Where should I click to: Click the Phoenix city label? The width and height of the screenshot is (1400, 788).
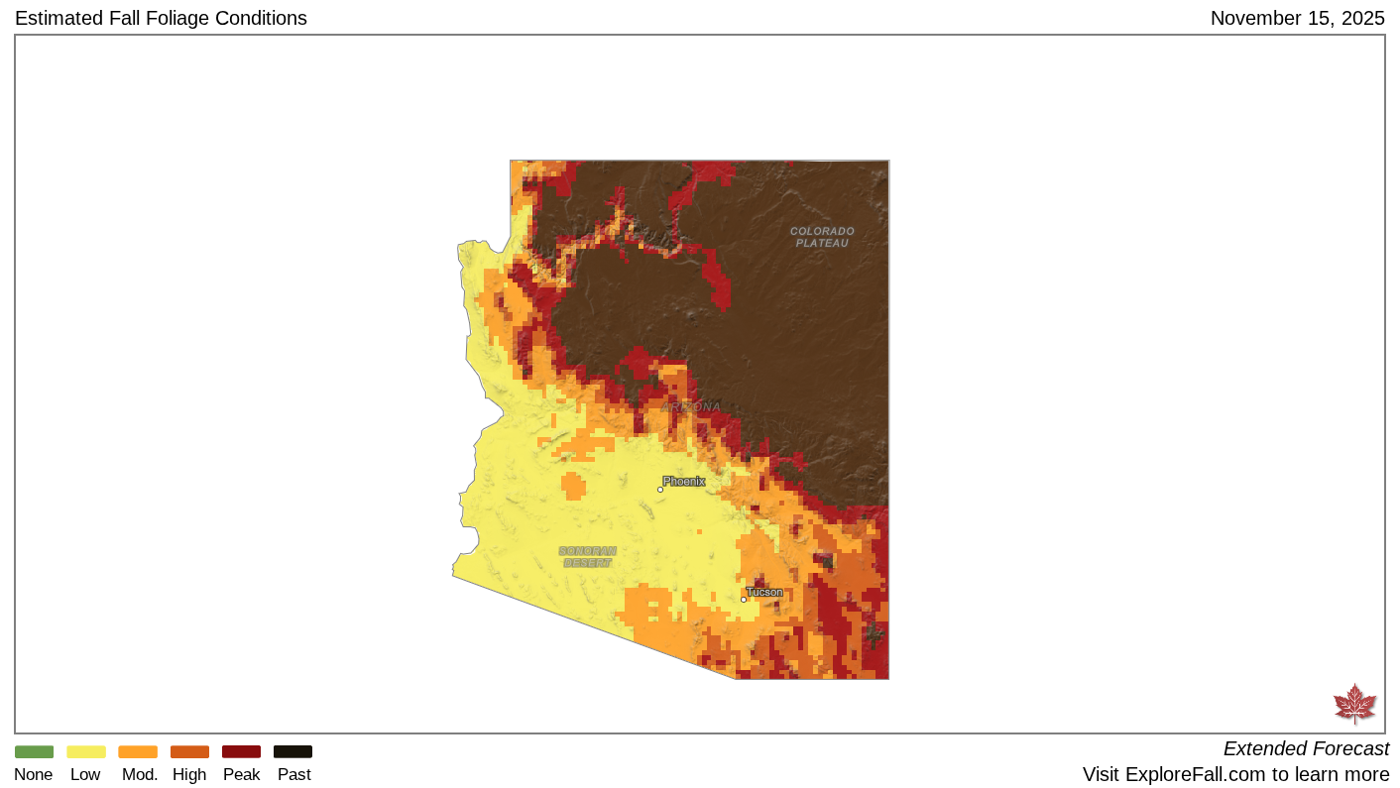click(684, 481)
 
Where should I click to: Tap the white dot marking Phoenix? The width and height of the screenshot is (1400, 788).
click(660, 490)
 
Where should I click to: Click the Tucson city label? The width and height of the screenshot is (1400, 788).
click(764, 592)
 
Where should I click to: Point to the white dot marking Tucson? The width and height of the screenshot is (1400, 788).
click(744, 600)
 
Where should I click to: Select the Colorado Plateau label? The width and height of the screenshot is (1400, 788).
click(822, 237)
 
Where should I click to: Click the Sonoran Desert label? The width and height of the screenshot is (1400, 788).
click(587, 557)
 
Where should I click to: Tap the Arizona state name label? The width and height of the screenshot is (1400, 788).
click(691, 407)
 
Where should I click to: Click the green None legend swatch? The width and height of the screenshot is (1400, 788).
click(34, 751)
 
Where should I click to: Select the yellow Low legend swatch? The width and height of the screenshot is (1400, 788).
click(85, 751)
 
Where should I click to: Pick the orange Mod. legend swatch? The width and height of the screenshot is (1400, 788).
click(138, 751)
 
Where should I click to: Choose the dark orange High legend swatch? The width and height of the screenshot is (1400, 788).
click(189, 751)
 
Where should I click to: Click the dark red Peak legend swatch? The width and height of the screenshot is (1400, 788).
click(241, 751)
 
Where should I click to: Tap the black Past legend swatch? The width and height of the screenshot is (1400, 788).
click(292, 751)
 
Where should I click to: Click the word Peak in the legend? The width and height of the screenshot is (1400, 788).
click(241, 775)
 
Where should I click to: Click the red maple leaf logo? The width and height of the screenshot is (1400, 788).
click(1354, 704)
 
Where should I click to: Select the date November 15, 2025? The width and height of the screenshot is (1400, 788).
click(1297, 18)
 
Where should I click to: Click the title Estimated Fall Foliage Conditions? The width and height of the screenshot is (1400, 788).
click(161, 18)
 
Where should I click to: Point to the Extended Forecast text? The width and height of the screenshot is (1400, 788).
click(1306, 748)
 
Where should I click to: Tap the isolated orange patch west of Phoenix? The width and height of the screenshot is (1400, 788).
click(573, 487)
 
